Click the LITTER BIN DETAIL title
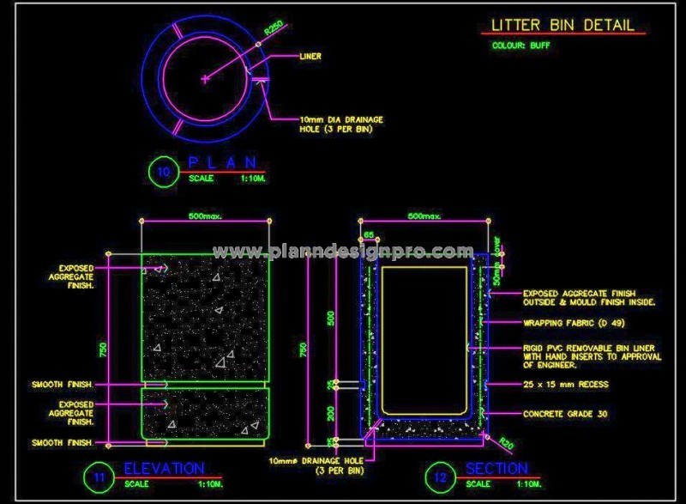coord(563,25)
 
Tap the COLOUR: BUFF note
coord(521,46)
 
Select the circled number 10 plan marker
coord(164,171)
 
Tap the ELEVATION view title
coord(165,468)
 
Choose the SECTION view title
coord(497,468)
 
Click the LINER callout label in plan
coord(310,56)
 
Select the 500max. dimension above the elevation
coord(205,216)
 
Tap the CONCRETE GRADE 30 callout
coord(565,414)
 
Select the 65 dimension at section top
coord(369,234)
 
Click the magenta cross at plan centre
coord(205,80)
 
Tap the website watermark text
coord(343,252)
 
